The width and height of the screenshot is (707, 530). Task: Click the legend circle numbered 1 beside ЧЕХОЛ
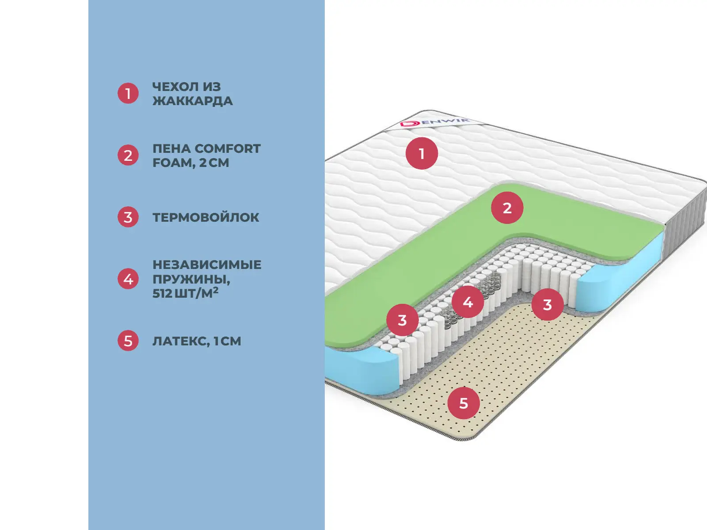(128, 94)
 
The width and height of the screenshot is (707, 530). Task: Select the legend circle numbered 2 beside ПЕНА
(128, 155)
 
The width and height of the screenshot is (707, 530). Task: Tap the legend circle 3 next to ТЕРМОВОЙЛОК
(128, 217)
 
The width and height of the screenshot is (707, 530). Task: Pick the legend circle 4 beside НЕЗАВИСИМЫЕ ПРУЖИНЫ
(128, 279)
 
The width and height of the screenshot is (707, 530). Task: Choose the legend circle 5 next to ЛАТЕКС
(128, 341)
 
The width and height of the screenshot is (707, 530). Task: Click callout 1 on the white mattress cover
(422, 153)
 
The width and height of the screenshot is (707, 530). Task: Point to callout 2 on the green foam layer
(507, 208)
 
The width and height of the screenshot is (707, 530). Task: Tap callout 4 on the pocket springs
(468, 302)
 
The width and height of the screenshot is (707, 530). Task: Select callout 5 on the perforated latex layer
(464, 403)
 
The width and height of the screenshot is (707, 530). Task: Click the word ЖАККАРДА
(192, 101)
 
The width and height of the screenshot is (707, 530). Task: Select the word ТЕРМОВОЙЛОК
(205, 217)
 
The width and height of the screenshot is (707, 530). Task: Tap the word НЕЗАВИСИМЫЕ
(207, 265)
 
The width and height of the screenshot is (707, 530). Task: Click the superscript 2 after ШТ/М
(216, 290)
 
